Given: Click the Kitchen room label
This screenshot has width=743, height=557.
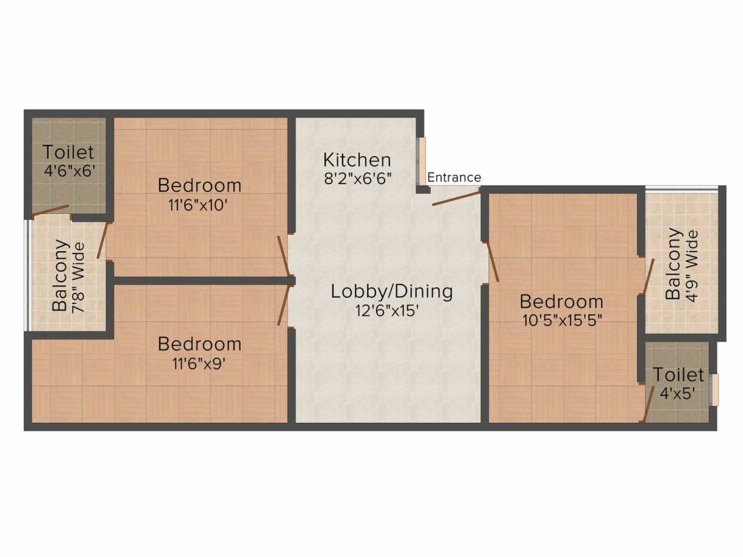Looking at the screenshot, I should (x=357, y=160).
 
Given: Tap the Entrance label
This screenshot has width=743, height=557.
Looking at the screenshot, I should (x=454, y=178).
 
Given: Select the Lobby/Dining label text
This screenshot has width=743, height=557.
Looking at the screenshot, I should (x=392, y=292).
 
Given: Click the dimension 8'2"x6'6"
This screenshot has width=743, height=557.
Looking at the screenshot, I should (x=357, y=178).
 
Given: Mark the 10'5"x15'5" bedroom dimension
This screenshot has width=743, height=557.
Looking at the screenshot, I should (x=562, y=319).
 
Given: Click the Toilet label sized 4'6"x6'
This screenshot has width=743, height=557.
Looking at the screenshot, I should (x=68, y=152).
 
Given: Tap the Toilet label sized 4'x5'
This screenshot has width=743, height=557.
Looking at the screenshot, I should (x=678, y=375).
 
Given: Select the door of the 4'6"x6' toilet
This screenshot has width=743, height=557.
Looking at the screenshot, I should (x=49, y=211).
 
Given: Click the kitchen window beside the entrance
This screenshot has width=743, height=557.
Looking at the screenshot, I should (x=421, y=162).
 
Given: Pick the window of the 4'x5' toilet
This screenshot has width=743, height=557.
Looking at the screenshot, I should (x=715, y=389).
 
